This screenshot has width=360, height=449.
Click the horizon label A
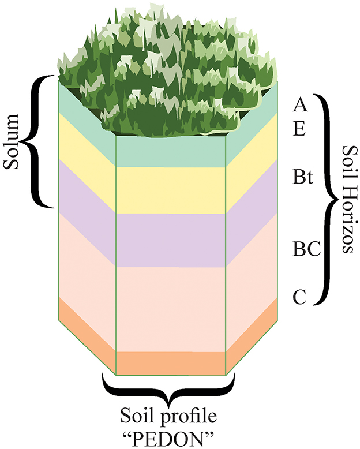coord(300,105)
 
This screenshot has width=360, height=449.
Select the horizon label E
coord(299,129)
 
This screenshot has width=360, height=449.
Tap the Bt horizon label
coord(303,177)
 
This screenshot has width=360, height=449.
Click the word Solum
coord(12,141)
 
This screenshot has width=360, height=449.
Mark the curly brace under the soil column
coord(168,388)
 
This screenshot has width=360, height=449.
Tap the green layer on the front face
coord(171,152)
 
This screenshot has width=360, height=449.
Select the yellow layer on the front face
coord(171,190)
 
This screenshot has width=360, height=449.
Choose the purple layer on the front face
coord(171,240)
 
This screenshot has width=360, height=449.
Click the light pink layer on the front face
coord(171,309)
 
